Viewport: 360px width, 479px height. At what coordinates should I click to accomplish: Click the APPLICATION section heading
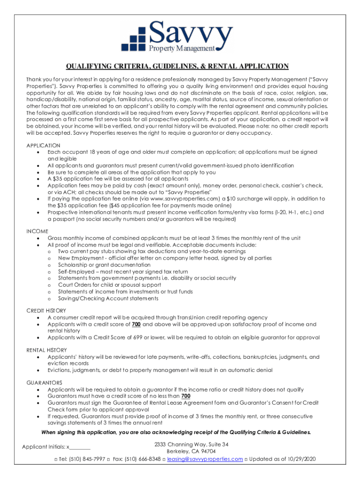pyautogui.click(x=43, y=145)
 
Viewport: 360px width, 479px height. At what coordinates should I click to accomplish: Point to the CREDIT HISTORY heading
pyautogui.click(x=46, y=311)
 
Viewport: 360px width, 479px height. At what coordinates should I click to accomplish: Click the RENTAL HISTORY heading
pyautogui.click(x=46, y=350)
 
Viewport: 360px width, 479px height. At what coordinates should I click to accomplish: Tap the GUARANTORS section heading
pyautogui.click(x=44, y=383)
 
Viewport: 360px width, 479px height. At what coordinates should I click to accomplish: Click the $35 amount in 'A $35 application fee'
pyautogui.click(x=59, y=179)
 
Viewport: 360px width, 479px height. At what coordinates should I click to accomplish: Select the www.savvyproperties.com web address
pyautogui.click(x=180, y=199)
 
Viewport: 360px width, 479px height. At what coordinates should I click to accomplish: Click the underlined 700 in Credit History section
pyautogui.click(x=137, y=324)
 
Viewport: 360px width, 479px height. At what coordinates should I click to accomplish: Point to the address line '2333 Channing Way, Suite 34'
pyautogui.click(x=192, y=444)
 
